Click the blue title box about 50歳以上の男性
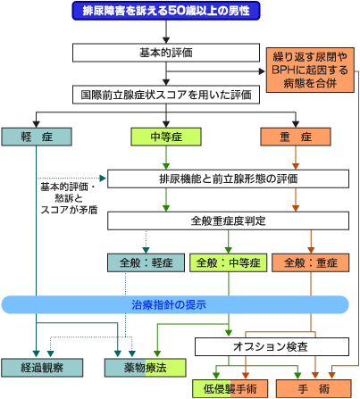pos(166,11)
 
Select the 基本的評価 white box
pos(166,53)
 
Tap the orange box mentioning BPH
pos(310,70)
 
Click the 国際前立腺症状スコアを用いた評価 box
pos(166,95)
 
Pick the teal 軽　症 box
pos(37,137)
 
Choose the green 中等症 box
pos(166,137)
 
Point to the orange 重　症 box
pos(296,137)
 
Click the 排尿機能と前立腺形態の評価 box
pos(228,179)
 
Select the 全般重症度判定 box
pos(228,220)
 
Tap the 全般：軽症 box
pos(146,262)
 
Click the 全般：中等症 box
pos(229,262)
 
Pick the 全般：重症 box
pos(311,262)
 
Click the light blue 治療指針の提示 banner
pos(175,304)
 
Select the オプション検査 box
pos(272,346)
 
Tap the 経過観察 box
pos(42,368)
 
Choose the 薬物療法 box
pos(146,368)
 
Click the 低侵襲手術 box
pos(230,388)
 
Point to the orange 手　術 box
pos(314,388)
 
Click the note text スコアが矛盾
pos(69,210)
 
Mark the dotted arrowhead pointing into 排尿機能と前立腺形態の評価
pos(103,179)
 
